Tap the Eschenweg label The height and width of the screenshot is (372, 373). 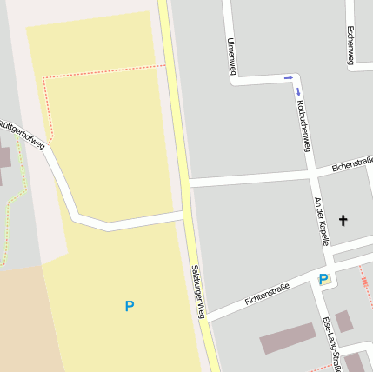coord(350,44)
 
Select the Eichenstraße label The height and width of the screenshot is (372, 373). coord(352,161)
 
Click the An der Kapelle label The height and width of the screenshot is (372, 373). coord(322,221)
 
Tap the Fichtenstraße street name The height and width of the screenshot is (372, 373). coord(267,296)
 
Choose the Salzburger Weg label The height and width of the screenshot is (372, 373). coord(197,292)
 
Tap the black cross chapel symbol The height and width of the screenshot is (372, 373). coord(343,221)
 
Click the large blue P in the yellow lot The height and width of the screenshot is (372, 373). coord(130,306)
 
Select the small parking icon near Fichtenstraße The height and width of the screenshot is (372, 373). coord(323,279)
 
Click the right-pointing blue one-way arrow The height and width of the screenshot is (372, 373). coord(288,78)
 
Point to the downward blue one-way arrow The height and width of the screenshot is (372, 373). coord(298,91)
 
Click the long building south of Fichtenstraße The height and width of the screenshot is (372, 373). coord(287,338)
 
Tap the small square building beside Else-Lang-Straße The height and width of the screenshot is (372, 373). coord(344,321)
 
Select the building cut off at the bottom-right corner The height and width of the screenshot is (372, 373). coord(355,363)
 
